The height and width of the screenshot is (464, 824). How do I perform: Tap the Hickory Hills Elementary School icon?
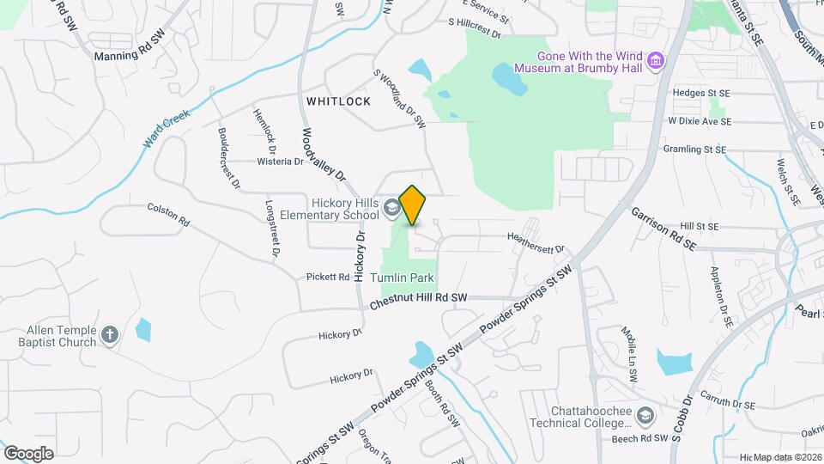tap(391, 207)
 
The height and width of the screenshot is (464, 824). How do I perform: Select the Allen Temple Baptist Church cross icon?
tap(110, 334)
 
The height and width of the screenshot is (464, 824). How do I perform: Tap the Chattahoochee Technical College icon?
tap(644, 417)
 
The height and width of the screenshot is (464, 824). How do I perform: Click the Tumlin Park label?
tap(403, 278)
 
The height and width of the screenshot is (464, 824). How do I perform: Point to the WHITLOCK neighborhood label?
tap(338, 101)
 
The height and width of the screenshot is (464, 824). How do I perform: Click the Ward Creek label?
tap(166, 128)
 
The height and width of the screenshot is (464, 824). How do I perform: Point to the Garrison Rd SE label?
tap(663, 228)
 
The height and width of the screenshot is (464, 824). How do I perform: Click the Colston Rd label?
tap(168, 214)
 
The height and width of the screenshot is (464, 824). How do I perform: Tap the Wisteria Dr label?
tap(281, 161)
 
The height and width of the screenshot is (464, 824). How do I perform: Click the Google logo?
tap(28, 453)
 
